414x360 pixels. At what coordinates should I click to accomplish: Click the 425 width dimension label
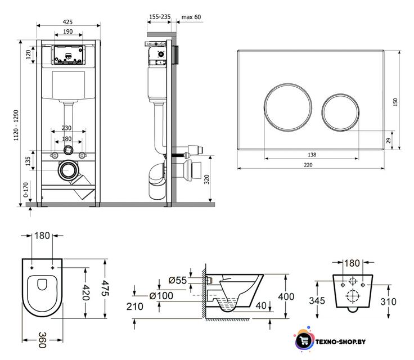[68, 22]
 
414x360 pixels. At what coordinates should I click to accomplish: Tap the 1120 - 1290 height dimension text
[16, 125]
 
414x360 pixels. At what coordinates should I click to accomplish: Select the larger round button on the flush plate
[288, 107]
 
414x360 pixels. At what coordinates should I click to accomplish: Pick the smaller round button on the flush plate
[340, 112]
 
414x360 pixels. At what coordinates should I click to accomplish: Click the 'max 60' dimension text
[191, 17]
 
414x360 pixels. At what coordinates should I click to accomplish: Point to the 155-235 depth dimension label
[160, 17]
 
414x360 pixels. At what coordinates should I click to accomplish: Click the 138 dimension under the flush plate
[312, 155]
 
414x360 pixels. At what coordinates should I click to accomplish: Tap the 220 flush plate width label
[308, 165]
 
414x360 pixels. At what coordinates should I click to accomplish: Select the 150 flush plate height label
[395, 102]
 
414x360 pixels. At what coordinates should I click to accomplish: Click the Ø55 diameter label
[178, 280]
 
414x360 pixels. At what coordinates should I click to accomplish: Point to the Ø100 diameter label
[161, 296]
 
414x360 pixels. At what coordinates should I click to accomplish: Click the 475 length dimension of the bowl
[105, 288]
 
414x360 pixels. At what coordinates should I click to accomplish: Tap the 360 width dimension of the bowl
[43, 340]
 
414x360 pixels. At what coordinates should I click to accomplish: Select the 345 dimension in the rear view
[317, 300]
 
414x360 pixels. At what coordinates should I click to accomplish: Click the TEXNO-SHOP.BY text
[341, 342]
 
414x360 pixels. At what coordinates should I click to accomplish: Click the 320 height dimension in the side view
[207, 179]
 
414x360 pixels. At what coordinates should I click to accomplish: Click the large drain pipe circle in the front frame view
[68, 170]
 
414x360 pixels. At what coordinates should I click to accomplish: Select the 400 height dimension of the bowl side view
[286, 296]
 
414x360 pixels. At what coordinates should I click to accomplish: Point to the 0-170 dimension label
[26, 190]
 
